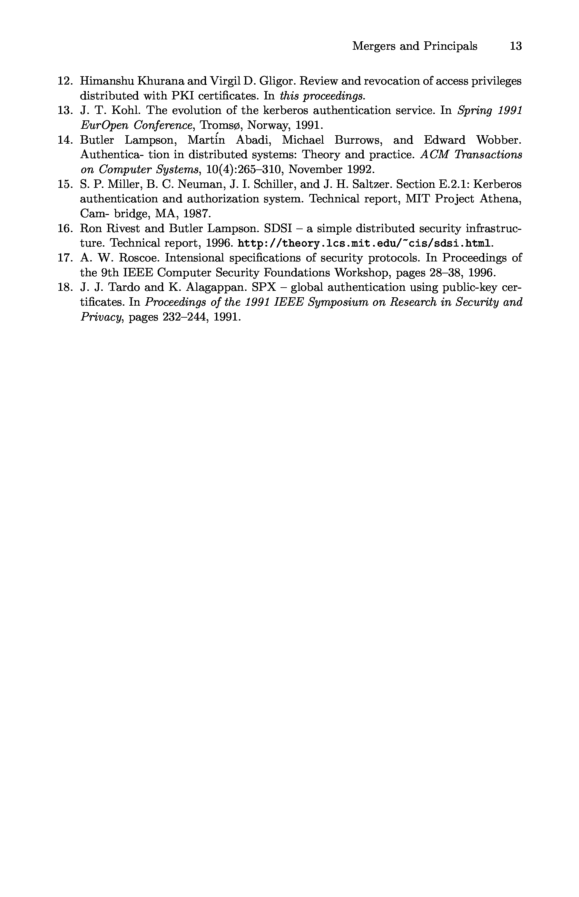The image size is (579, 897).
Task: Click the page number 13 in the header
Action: coord(515,46)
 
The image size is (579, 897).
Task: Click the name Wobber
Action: coord(498,140)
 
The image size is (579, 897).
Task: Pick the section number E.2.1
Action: coord(450,184)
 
